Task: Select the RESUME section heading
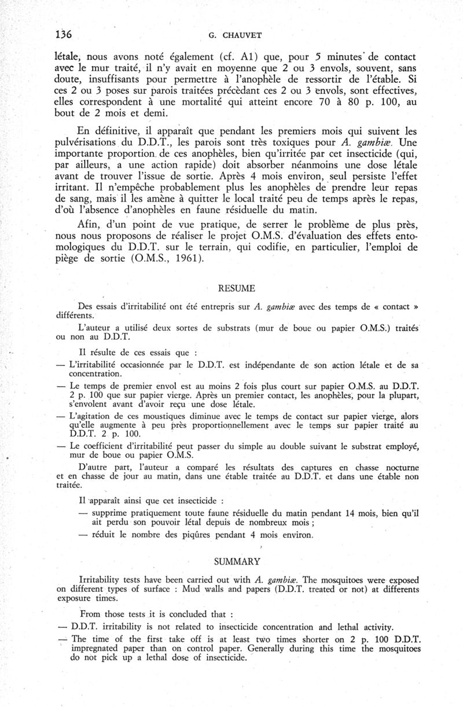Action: [x=234, y=287]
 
